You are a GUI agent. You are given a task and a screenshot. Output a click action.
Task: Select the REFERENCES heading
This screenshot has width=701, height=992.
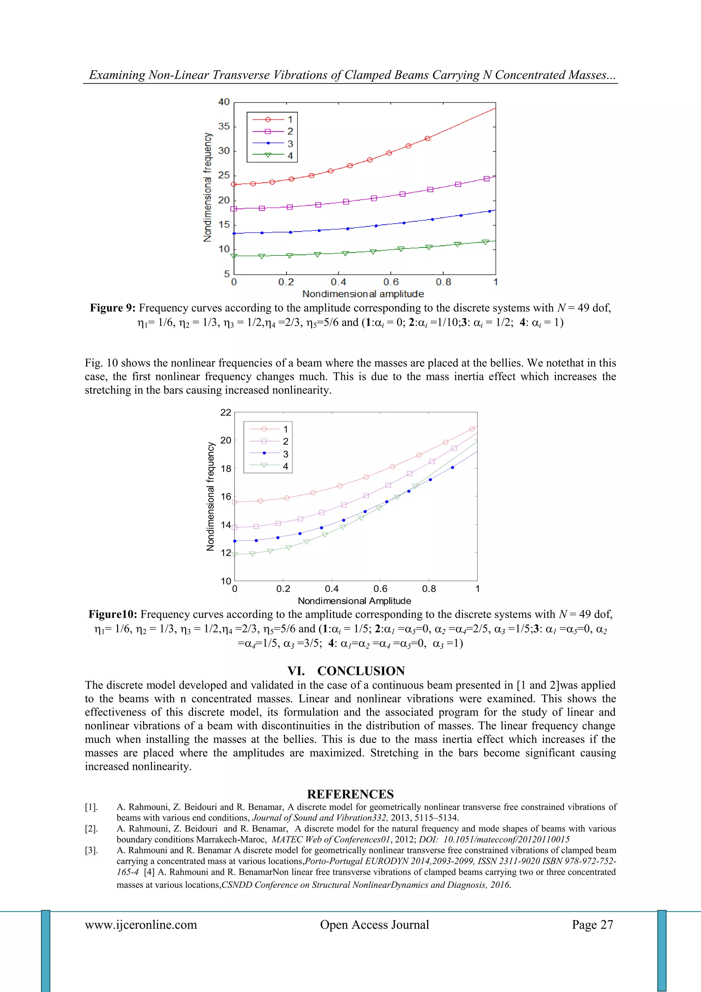(350, 794)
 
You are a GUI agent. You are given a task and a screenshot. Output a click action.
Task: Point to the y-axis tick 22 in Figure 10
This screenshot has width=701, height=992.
(226, 413)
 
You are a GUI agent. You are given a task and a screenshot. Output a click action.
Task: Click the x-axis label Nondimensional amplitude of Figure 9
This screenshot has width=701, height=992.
(363, 294)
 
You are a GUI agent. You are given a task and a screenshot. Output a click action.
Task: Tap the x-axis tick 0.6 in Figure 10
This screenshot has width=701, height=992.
(380, 589)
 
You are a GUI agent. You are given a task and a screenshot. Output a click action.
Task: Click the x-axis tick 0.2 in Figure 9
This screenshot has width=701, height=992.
(286, 282)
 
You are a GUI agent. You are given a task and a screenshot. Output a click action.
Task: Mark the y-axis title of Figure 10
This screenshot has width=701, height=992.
(211, 496)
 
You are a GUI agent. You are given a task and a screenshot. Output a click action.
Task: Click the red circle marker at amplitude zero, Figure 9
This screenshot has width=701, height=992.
(234, 185)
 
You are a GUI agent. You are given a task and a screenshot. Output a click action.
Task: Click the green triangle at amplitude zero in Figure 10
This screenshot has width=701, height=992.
(234, 554)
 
